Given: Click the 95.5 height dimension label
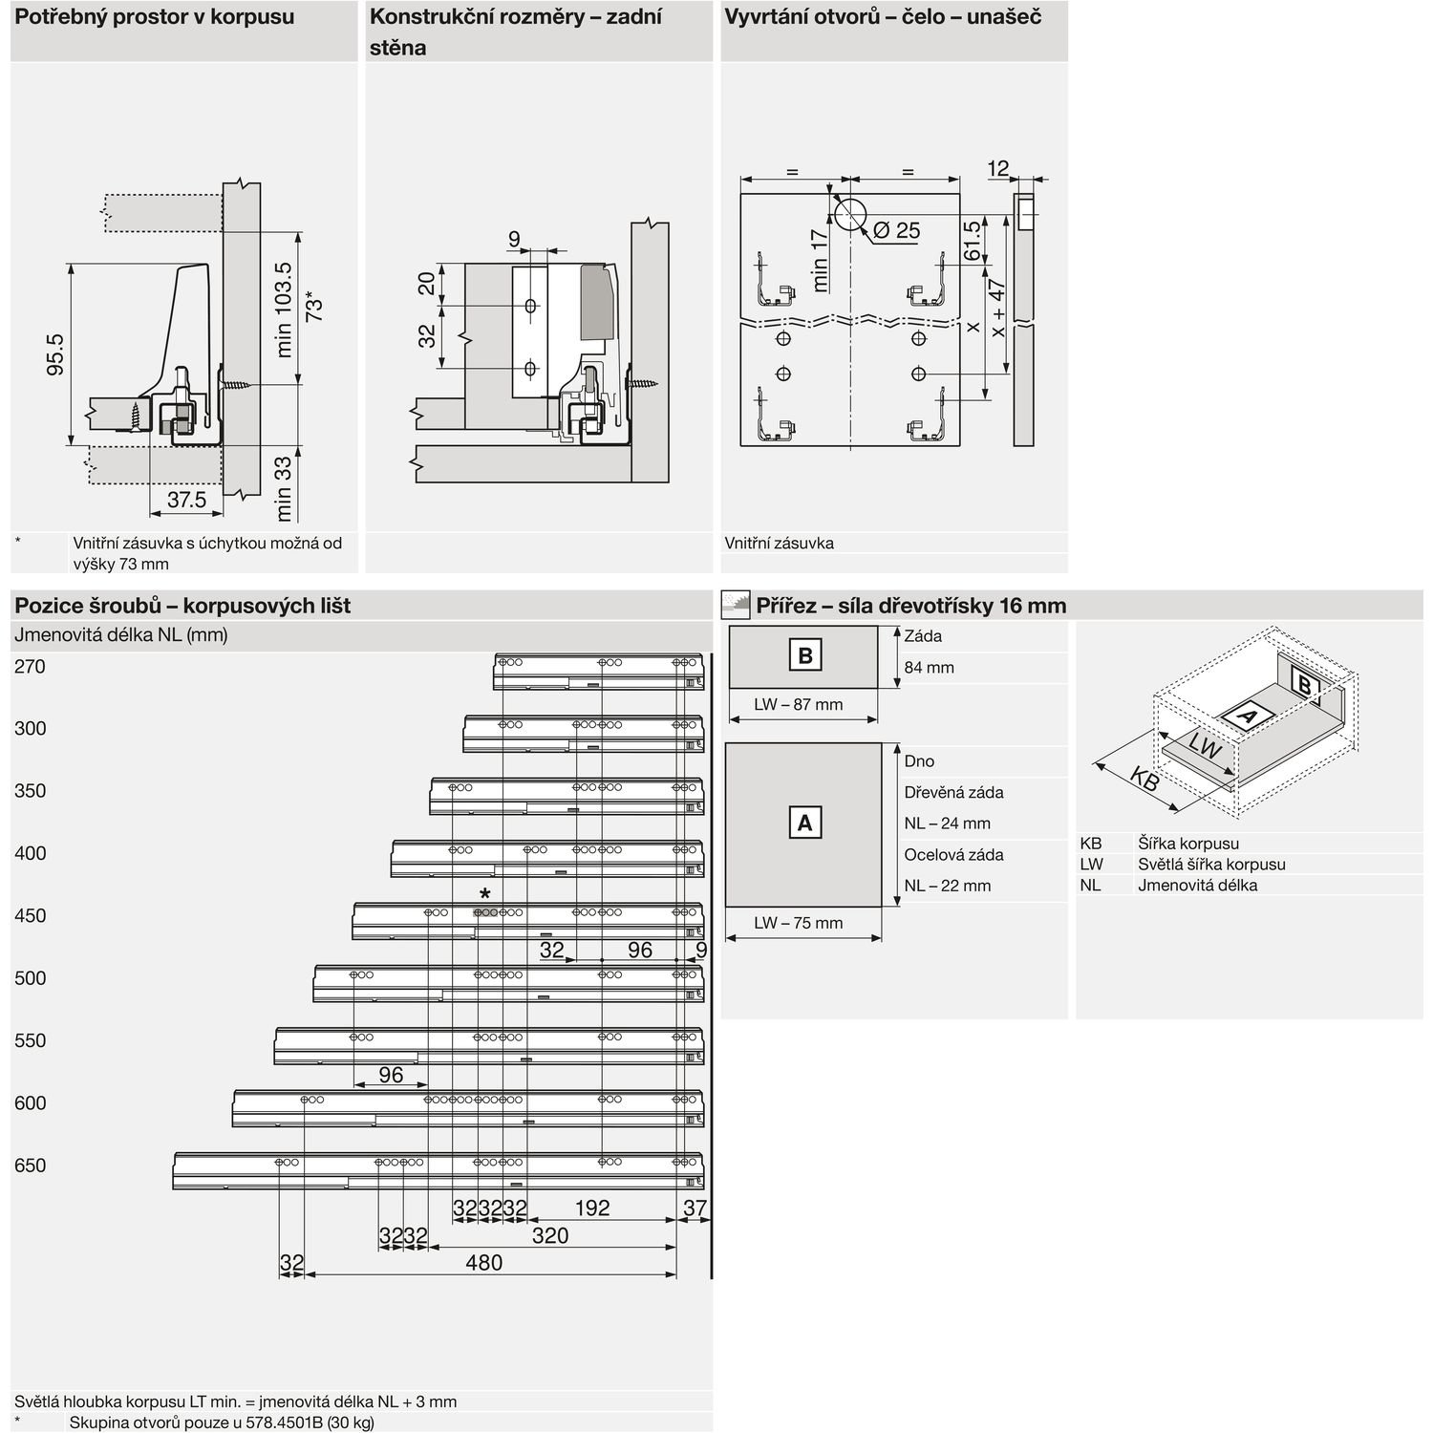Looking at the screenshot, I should point(56,353).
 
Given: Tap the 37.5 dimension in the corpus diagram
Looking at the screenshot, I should point(186,500).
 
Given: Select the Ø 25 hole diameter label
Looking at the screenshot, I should point(895,230).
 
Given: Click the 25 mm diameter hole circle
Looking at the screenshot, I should point(849,214).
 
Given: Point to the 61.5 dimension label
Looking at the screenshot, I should point(972,242).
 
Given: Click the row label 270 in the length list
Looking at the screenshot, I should point(30,667).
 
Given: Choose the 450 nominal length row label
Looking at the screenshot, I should point(30,916).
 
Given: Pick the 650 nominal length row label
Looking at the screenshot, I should point(30,1166).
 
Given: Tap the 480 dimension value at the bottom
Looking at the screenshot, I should point(483,1263).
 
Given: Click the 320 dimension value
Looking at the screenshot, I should point(549,1235).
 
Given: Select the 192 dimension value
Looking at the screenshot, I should point(592,1208).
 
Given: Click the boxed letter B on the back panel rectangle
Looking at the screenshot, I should point(804,656).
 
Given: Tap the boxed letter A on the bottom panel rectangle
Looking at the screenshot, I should point(804,823).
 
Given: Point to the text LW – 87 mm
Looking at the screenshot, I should point(798,705).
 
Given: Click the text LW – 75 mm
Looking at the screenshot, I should point(798,923).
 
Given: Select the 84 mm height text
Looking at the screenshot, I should point(929,668).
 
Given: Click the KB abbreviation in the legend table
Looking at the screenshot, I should point(1091,844).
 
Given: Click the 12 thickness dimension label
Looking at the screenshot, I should point(997,169).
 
